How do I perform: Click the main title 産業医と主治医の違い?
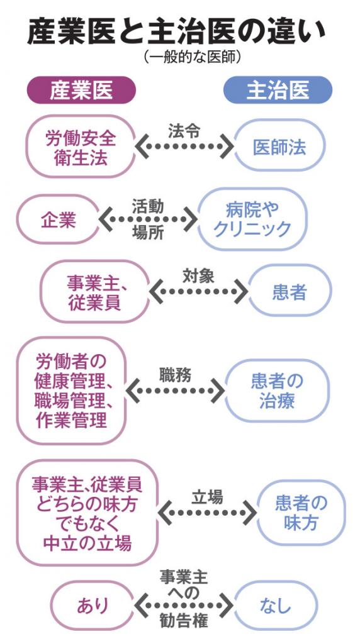click(x=176, y=32)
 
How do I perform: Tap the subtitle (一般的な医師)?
click(x=192, y=57)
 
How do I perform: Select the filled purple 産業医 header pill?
click(x=81, y=90)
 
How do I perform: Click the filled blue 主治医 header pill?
click(x=278, y=90)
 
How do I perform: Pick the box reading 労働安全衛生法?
click(x=81, y=147)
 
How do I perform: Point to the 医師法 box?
click(x=279, y=146)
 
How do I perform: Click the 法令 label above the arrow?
click(x=184, y=131)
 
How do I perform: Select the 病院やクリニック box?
click(x=252, y=219)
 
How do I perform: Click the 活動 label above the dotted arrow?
click(x=148, y=206)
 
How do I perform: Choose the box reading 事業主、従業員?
click(x=94, y=292)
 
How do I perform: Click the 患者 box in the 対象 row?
click(x=290, y=292)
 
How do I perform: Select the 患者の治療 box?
click(x=277, y=391)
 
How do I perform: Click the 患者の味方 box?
click(x=301, y=513)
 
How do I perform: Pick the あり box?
click(x=93, y=606)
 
